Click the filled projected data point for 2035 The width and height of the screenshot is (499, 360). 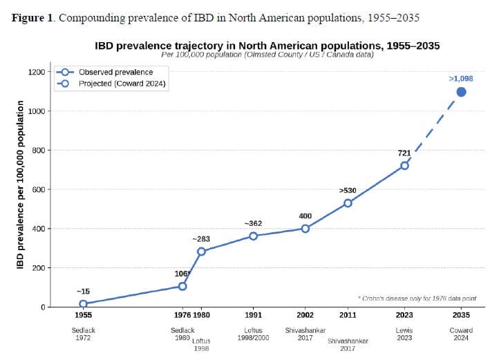461,92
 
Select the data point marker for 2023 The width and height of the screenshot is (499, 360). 404,166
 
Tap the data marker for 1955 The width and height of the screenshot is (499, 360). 83,304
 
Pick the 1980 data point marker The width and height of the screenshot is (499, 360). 201,252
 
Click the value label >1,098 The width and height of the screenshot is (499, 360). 461,79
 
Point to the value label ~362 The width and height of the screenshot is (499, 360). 254,223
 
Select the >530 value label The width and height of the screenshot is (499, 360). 348,190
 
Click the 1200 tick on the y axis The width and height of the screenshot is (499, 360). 37,72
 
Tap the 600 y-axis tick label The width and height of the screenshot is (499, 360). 39,189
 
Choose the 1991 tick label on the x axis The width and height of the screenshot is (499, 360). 254,315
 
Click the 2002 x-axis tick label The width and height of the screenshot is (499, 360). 305,315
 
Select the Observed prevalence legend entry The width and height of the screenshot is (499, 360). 105,73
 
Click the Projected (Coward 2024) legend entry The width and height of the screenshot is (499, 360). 111,84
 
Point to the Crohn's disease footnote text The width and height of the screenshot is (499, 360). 417,299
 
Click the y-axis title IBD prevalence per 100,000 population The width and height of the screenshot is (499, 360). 20,184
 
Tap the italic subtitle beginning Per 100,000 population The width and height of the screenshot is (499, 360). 267,55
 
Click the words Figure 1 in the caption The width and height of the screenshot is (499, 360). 32,17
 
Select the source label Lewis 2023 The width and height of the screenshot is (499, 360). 404,334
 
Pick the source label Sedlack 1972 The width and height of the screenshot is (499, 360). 83,334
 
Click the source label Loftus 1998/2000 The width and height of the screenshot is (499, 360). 254,334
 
